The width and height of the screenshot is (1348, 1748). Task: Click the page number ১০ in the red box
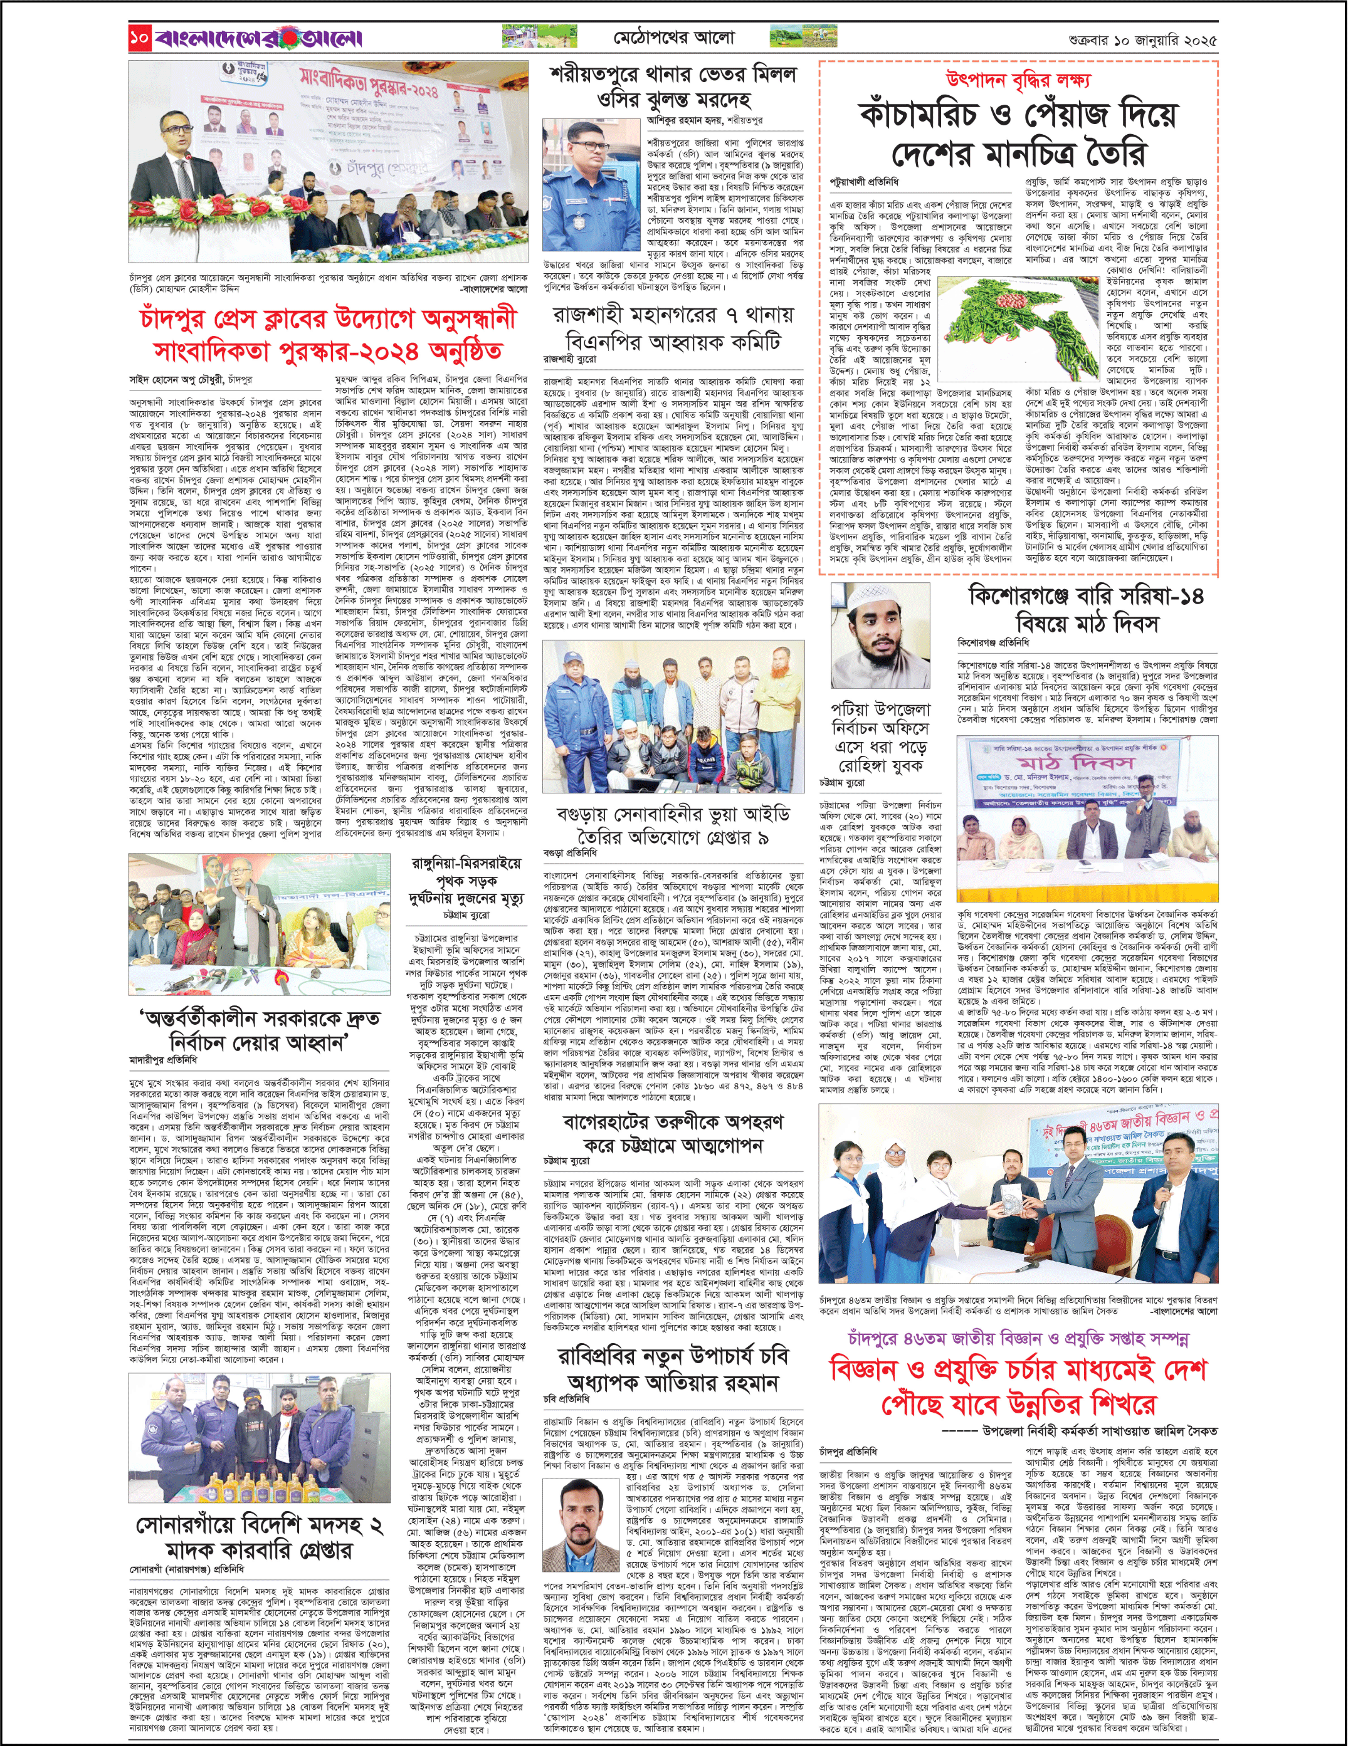tap(139, 38)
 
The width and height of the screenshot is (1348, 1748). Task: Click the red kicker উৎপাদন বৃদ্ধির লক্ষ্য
tap(1018, 80)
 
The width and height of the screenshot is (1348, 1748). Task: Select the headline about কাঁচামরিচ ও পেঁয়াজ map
tap(1018, 133)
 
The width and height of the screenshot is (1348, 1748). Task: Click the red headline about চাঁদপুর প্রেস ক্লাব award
tap(328, 335)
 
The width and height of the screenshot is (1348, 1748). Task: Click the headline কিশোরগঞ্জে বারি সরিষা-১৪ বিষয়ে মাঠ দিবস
tap(1085, 609)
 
